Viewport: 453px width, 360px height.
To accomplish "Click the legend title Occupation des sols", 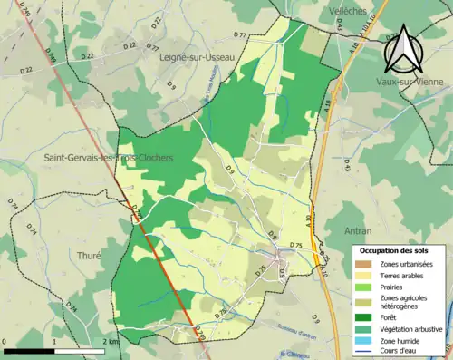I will click(x=395, y=249).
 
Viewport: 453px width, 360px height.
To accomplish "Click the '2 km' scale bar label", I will click(x=108, y=343).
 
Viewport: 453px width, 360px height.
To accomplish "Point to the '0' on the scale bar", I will click(x=6, y=343).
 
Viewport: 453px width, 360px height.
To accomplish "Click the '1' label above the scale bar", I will click(x=54, y=343).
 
